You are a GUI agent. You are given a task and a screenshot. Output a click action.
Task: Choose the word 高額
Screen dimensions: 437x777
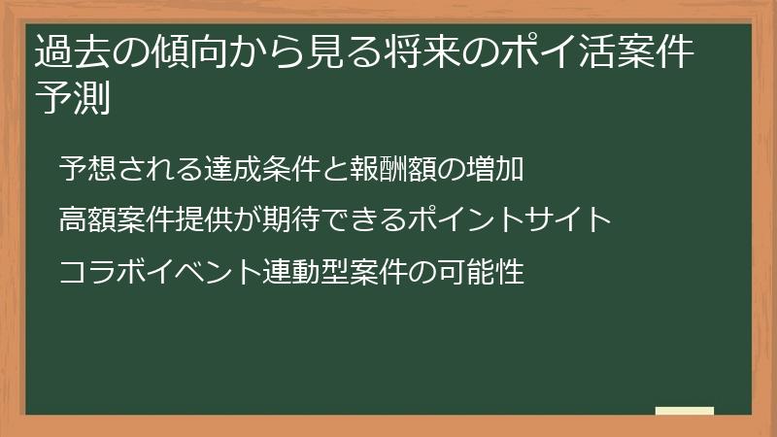coord(86,220)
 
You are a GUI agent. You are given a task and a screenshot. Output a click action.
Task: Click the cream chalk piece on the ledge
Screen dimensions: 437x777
coord(685,411)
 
